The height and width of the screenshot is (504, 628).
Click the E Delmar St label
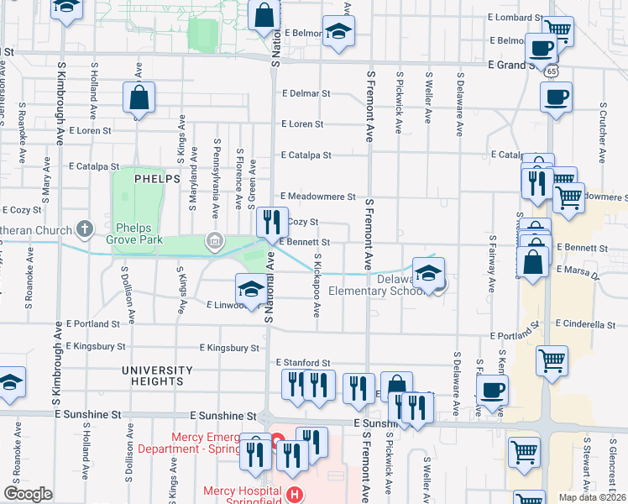pos(306,94)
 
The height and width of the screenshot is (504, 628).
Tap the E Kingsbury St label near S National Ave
pos(228,348)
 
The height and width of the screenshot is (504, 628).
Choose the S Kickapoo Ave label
pos(317,286)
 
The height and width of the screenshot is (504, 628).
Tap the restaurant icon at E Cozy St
pos(271,223)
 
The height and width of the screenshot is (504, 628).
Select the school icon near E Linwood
pos(250,289)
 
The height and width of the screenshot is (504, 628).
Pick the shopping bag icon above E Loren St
pos(139,97)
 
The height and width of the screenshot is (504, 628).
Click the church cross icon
pos(83,228)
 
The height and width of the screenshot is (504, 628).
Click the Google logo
pos(28,494)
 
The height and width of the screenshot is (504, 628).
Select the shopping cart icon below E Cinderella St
pos(552,361)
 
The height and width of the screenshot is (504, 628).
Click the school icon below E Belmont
pos(339,32)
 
